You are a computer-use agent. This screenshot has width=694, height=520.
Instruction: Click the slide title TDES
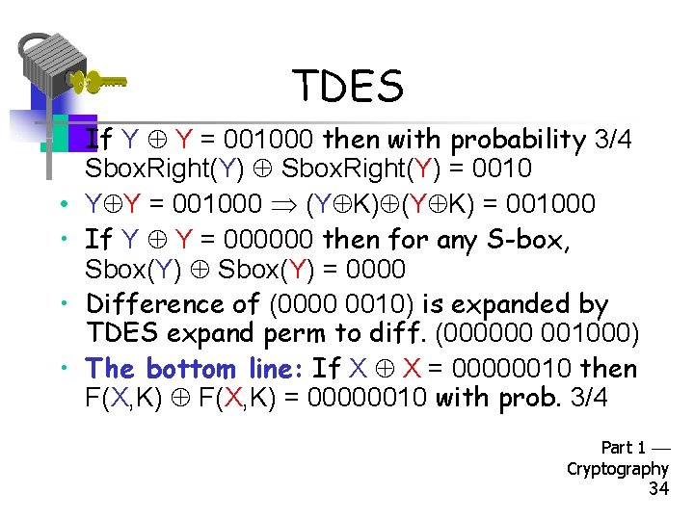tap(348, 87)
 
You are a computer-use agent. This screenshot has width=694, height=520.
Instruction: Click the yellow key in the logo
tap(101, 83)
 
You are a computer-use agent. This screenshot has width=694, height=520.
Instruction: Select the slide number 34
tap(658, 488)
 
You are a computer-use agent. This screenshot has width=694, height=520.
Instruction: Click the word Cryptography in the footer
tap(618, 468)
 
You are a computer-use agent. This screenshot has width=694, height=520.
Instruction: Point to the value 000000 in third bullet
tap(269, 237)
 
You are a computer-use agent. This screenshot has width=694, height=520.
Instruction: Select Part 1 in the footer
tap(624, 447)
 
